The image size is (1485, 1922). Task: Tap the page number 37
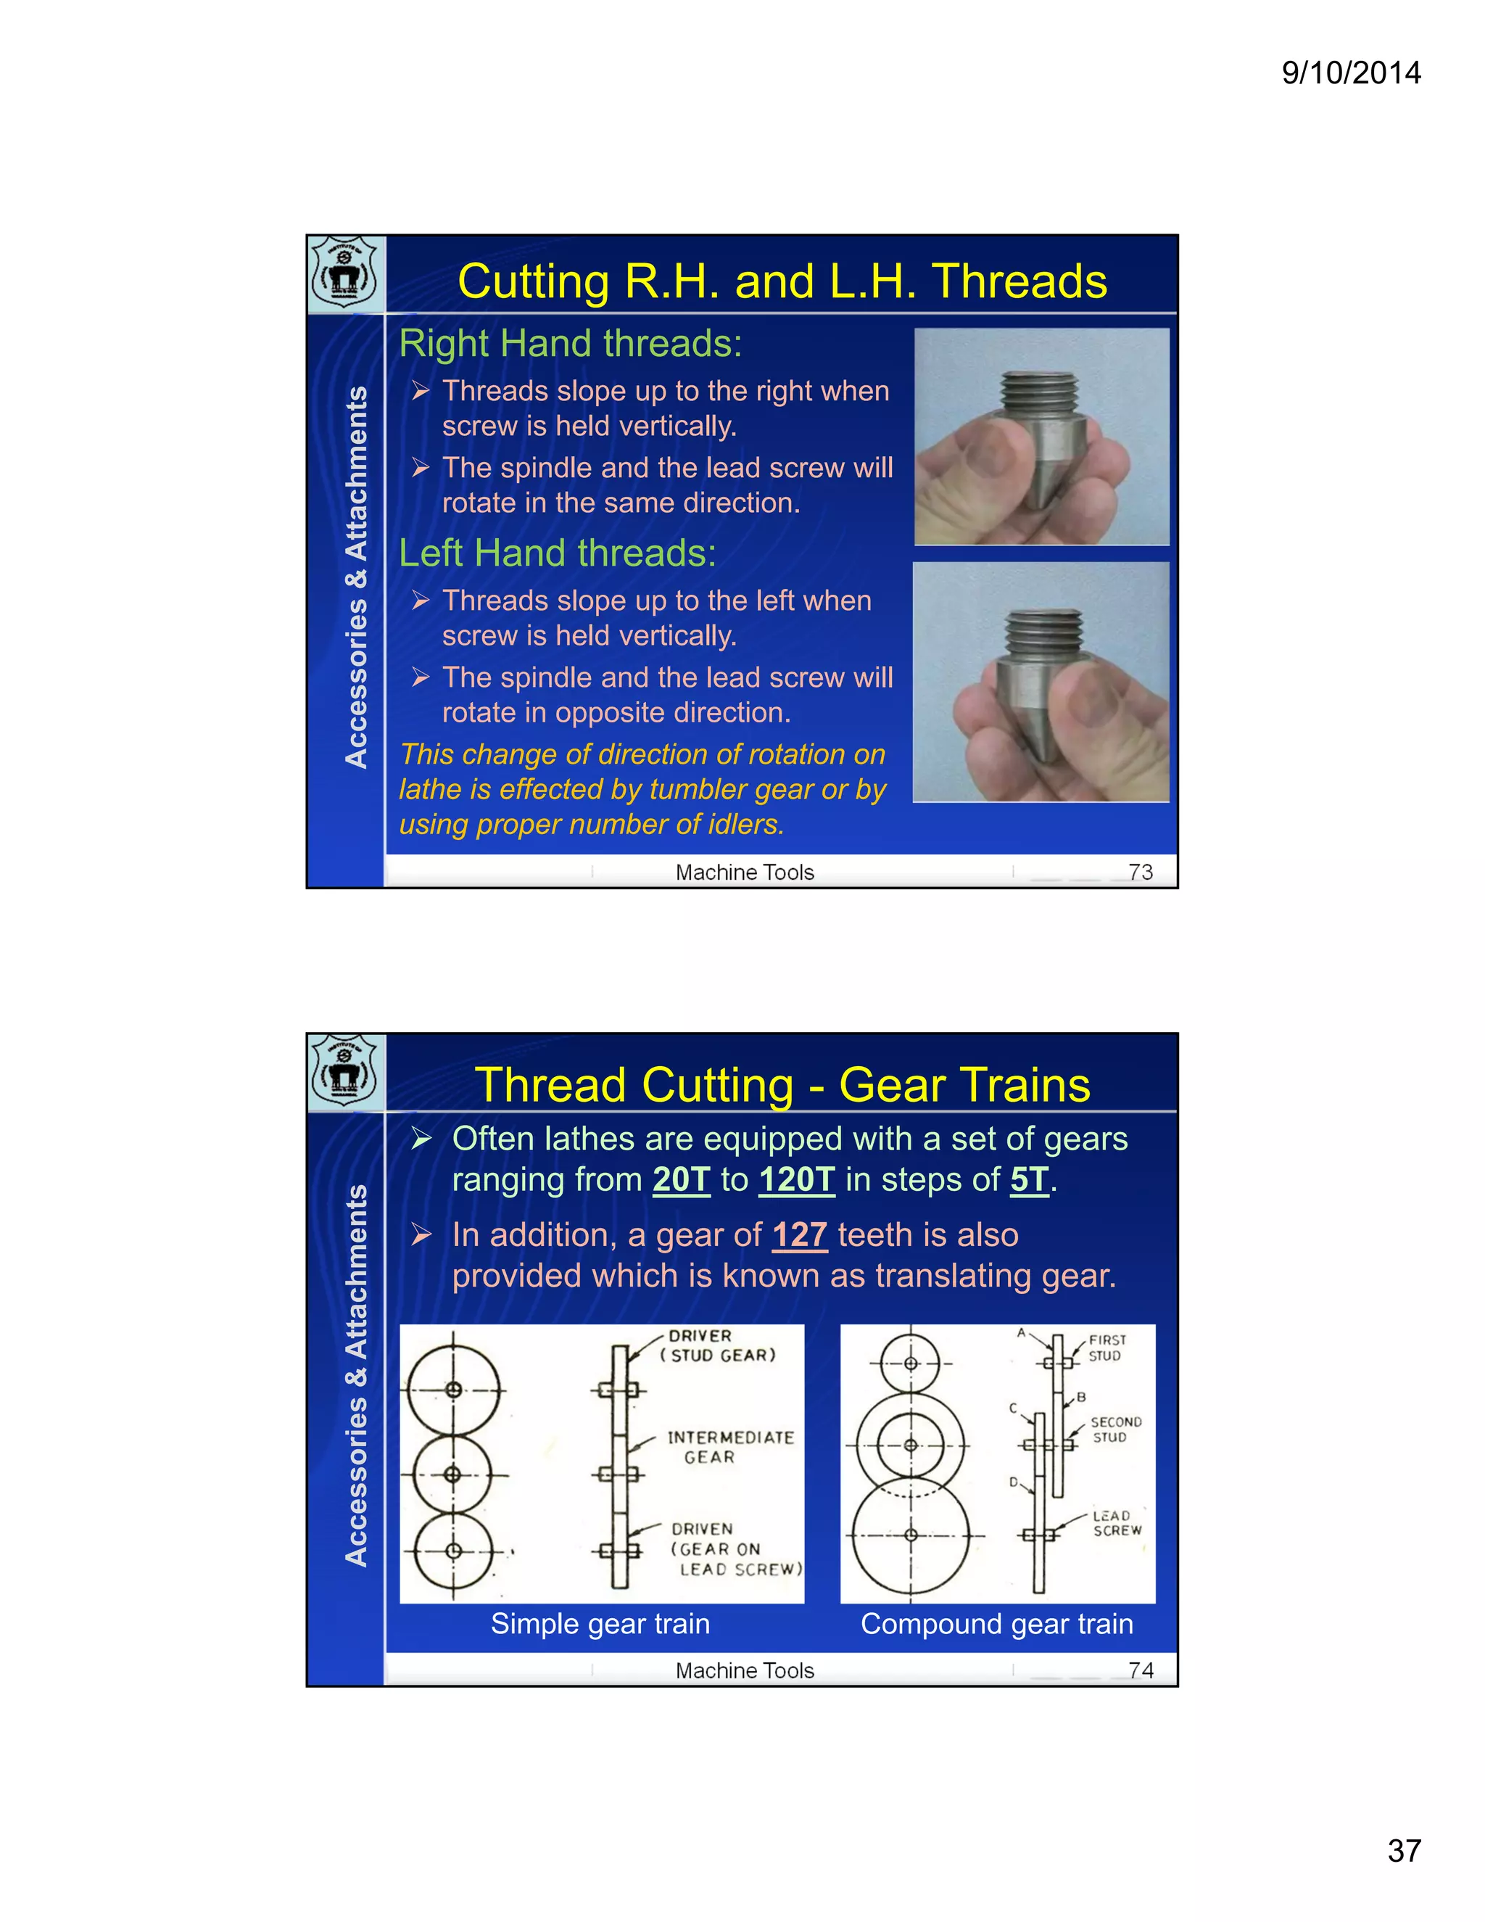[1404, 1851]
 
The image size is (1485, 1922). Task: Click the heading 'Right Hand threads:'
[570, 343]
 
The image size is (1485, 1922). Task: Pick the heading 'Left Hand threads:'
[557, 553]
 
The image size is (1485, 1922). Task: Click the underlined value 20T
[681, 1180]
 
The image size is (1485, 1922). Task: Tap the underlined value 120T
[796, 1180]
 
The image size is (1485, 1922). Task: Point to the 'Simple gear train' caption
[600, 1624]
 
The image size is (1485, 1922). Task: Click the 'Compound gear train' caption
[997, 1624]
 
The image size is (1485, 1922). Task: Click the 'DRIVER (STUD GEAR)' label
[717, 1346]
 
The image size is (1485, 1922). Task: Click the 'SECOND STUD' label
[1114, 1430]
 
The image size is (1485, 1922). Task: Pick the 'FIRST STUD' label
[1106, 1348]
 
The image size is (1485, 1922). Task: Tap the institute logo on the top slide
[346, 273]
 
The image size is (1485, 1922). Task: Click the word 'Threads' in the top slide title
[1019, 281]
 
